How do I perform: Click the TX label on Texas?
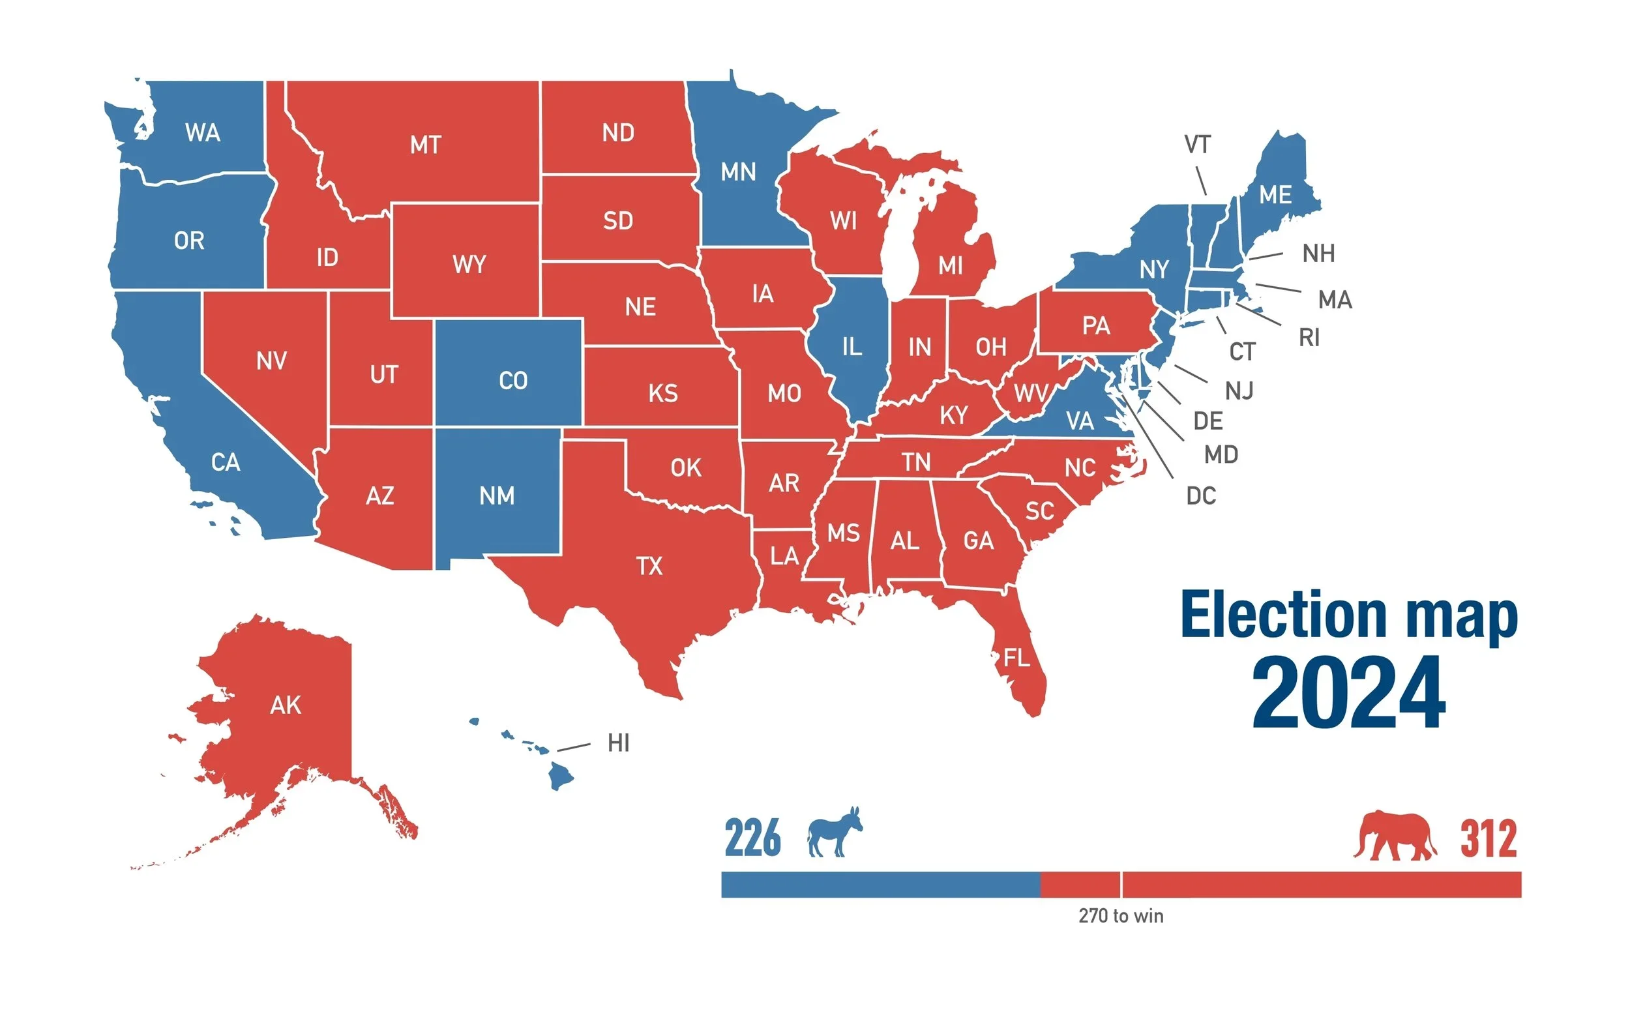point(649,566)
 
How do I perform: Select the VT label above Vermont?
point(1198,144)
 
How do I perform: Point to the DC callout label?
point(1201,496)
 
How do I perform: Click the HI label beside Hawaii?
point(618,743)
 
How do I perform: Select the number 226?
point(752,838)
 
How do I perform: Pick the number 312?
point(1489,838)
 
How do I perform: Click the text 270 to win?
point(1121,916)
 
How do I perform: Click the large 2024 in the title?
point(1348,693)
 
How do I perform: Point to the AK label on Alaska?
point(285,705)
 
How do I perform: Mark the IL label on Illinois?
point(852,347)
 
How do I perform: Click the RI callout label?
point(1309,338)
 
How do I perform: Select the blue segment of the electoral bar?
point(880,884)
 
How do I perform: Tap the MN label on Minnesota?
point(738,173)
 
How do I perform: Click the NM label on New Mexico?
point(497,497)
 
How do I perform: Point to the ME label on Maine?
point(1275,196)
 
